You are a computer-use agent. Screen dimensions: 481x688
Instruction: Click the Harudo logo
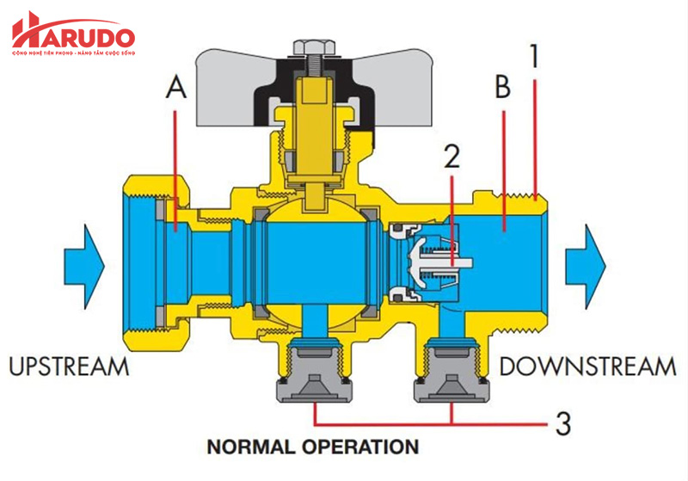point(72,34)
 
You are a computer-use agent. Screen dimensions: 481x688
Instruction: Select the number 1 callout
point(534,57)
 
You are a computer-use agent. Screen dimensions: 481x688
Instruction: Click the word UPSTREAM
point(70,367)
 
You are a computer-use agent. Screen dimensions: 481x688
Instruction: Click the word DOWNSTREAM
point(587,367)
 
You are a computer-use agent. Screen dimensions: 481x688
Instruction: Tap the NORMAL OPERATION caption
point(312,447)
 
